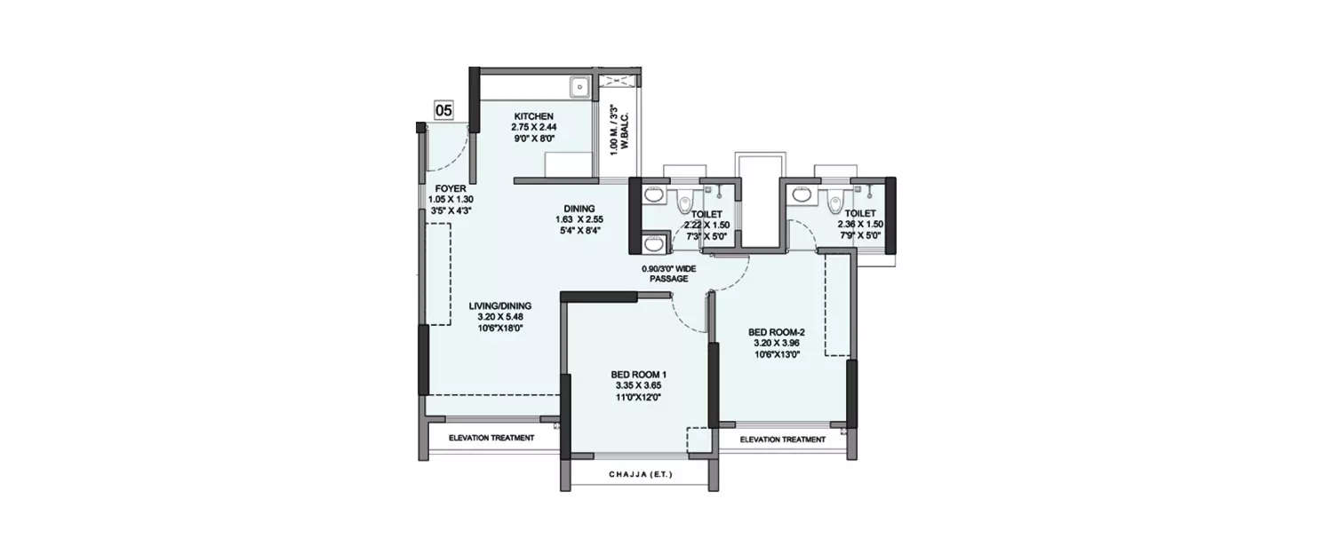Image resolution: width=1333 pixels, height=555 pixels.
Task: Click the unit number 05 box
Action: [443, 111]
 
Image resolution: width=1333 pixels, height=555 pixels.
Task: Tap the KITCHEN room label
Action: [533, 116]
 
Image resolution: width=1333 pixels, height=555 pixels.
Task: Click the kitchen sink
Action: [579, 87]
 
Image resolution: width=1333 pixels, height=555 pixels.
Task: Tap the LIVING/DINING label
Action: [499, 306]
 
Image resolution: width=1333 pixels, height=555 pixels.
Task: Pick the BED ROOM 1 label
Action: [639, 374]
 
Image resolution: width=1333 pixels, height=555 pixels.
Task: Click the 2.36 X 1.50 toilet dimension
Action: [858, 226]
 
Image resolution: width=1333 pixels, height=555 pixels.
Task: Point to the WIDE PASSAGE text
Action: [669, 273]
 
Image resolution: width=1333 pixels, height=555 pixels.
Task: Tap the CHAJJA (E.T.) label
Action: [640, 475]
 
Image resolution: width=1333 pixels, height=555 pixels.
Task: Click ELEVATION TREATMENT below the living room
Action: [491, 438]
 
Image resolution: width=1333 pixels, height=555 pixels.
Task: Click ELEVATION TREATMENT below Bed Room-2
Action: [783, 440]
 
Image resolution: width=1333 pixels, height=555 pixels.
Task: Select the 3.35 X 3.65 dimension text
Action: [639, 385]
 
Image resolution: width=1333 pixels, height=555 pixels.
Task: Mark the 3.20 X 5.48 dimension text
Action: [499, 317]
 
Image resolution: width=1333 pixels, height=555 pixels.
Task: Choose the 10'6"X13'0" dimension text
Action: [778, 354]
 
